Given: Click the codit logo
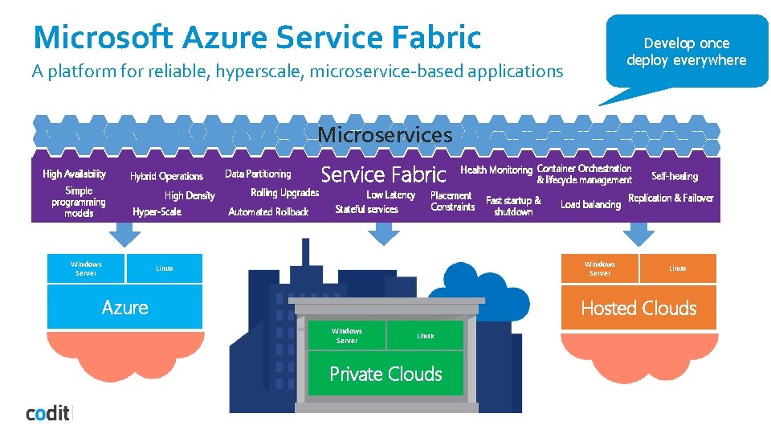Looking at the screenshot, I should pyautogui.click(x=48, y=413).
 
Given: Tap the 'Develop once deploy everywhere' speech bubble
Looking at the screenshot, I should pyautogui.click(x=686, y=51).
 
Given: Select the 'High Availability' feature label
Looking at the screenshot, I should pyautogui.click(x=74, y=174).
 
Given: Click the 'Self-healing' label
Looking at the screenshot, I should pyautogui.click(x=675, y=176).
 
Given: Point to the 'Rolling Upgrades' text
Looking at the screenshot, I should pyautogui.click(x=284, y=193).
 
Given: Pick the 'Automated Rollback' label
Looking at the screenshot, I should pyautogui.click(x=268, y=211).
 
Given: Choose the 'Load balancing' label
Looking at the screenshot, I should pyautogui.click(x=590, y=204).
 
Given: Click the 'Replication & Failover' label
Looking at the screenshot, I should pyautogui.click(x=671, y=198).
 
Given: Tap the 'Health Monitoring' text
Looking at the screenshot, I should pyautogui.click(x=496, y=170).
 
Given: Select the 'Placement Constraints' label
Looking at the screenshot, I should pyautogui.click(x=452, y=201).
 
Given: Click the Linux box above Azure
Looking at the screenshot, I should pyautogui.click(x=165, y=268).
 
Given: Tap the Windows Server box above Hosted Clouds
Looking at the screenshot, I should pyautogui.click(x=599, y=268).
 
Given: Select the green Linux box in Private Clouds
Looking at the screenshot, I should pyautogui.click(x=425, y=336).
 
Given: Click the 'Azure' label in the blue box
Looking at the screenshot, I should pyautogui.click(x=125, y=307).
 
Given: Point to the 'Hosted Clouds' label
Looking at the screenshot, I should pyautogui.click(x=638, y=308).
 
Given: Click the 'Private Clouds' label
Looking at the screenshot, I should pyautogui.click(x=385, y=374).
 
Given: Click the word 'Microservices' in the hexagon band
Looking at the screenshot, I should pyautogui.click(x=385, y=134).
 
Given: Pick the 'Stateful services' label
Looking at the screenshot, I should pyautogui.click(x=366, y=209).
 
